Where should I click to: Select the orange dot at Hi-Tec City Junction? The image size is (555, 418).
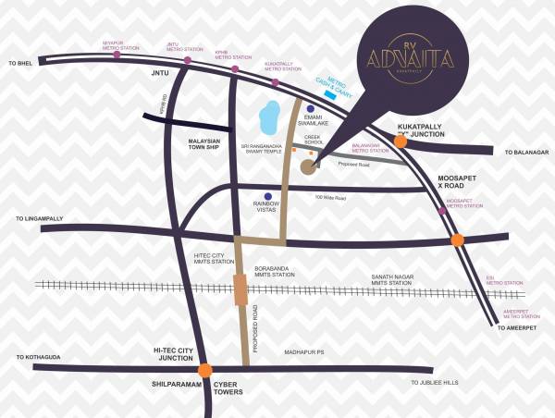pos(204,370)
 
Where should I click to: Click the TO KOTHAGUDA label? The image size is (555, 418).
pos(38,356)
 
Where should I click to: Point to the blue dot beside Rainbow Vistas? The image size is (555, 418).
pos(267,196)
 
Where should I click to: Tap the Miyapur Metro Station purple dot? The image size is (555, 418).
pos(117,55)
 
